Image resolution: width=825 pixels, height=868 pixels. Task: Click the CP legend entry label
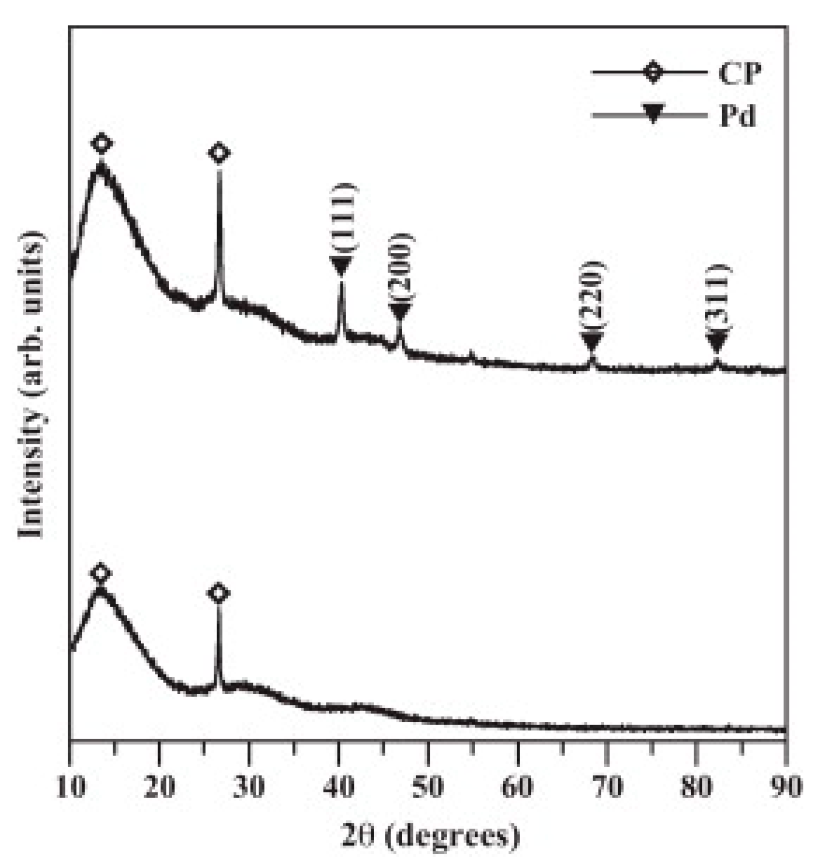click(739, 73)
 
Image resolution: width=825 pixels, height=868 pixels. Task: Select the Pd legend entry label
click(738, 116)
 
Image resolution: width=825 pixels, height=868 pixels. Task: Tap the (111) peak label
click(344, 217)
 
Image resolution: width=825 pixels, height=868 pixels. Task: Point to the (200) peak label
click(401, 267)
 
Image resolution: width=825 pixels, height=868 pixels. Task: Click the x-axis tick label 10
click(70, 787)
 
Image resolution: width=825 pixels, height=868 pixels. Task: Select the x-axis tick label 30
click(249, 787)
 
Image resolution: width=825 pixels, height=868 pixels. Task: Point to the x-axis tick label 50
click(428, 787)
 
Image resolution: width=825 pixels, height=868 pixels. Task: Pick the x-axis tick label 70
click(608, 787)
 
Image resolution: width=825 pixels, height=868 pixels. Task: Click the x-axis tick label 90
click(786, 787)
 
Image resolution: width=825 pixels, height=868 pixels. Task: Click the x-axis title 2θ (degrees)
click(430, 836)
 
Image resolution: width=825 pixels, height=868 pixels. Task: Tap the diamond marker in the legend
click(654, 72)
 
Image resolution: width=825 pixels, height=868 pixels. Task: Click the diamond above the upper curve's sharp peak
click(219, 153)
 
